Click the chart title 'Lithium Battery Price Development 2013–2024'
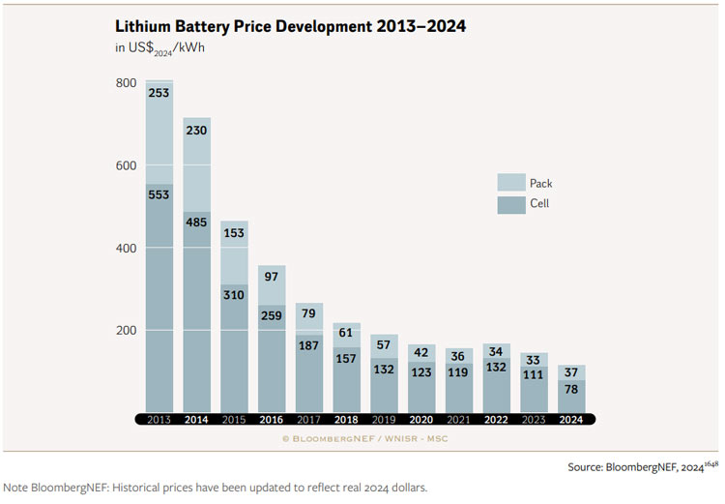pyautogui.click(x=290, y=26)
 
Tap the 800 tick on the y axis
pyautogui.click(x=128, y=83)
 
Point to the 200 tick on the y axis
pyautogui.click(x=128, y=331)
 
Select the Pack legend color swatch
pyautogui.click(x=510, y=183)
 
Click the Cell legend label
pyautogui.click(x=539, y=204)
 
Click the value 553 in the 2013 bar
pyautogui.click(x=159, y=195)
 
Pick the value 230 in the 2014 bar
pyautogui.click(x=197, y=130)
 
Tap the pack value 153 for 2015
pyautogui.click(x=234, y=233)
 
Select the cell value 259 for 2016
pyautogui.click(x=272, y=315)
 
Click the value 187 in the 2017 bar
pyautogui.click(x=309, y=345)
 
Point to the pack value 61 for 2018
pyautogui.click(x=346, y=334)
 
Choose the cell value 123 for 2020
pyautogui.click(x=420, y=371)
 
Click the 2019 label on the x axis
pyautogui.click(x=384, y=419)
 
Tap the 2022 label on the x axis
pyautogui.click(x=496, y=419)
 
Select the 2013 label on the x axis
pyautogui.click(x=159, y=419)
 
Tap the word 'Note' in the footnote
pyautogui.click(x=16, y=488)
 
